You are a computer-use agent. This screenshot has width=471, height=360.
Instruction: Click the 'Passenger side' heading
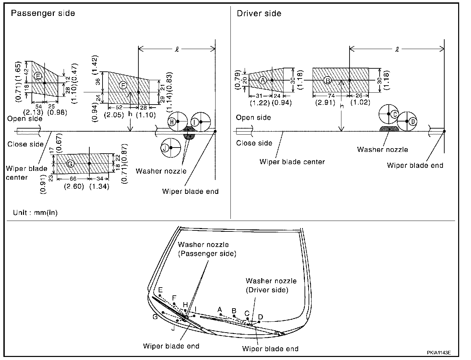point(43,13)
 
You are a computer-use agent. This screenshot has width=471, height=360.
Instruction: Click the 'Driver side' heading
point(259,14)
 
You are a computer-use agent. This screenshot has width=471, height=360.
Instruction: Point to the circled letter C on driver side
point(394,114)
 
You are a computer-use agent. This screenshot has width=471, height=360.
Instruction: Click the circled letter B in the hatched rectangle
point(327,80)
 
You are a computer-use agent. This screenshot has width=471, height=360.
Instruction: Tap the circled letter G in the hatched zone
point(70,164)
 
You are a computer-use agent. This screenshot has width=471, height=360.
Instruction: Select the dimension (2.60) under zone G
point(74,186)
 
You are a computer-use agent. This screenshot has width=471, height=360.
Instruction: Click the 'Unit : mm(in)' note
point(35,212)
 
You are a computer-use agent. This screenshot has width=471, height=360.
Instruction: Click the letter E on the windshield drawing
point(160,290)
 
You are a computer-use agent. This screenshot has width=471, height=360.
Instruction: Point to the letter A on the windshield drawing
point(220,309)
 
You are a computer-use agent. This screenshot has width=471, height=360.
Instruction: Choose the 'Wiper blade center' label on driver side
point(292,162)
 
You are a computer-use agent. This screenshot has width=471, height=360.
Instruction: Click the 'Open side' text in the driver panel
point(253,117)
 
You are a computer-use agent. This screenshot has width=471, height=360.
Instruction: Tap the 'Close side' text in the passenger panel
point(25,144)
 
